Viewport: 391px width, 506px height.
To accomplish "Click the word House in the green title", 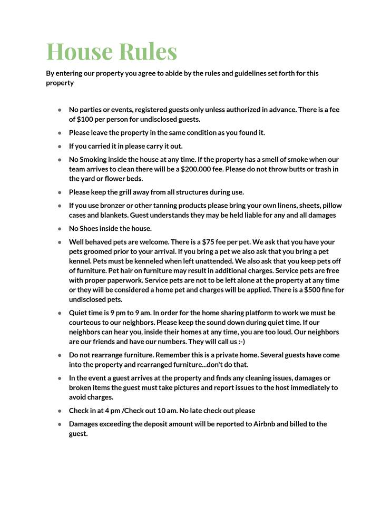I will (80, 51).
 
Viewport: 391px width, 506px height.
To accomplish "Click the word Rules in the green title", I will (148, 51).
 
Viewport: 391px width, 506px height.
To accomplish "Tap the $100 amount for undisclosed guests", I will (86, 119).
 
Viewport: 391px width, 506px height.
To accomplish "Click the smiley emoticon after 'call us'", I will (241, 342).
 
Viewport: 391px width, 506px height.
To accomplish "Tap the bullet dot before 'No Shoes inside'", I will (60, 229).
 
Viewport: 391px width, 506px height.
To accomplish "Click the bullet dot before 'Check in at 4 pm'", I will (60, 411).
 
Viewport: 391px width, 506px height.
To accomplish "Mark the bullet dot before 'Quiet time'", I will (60, 313).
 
